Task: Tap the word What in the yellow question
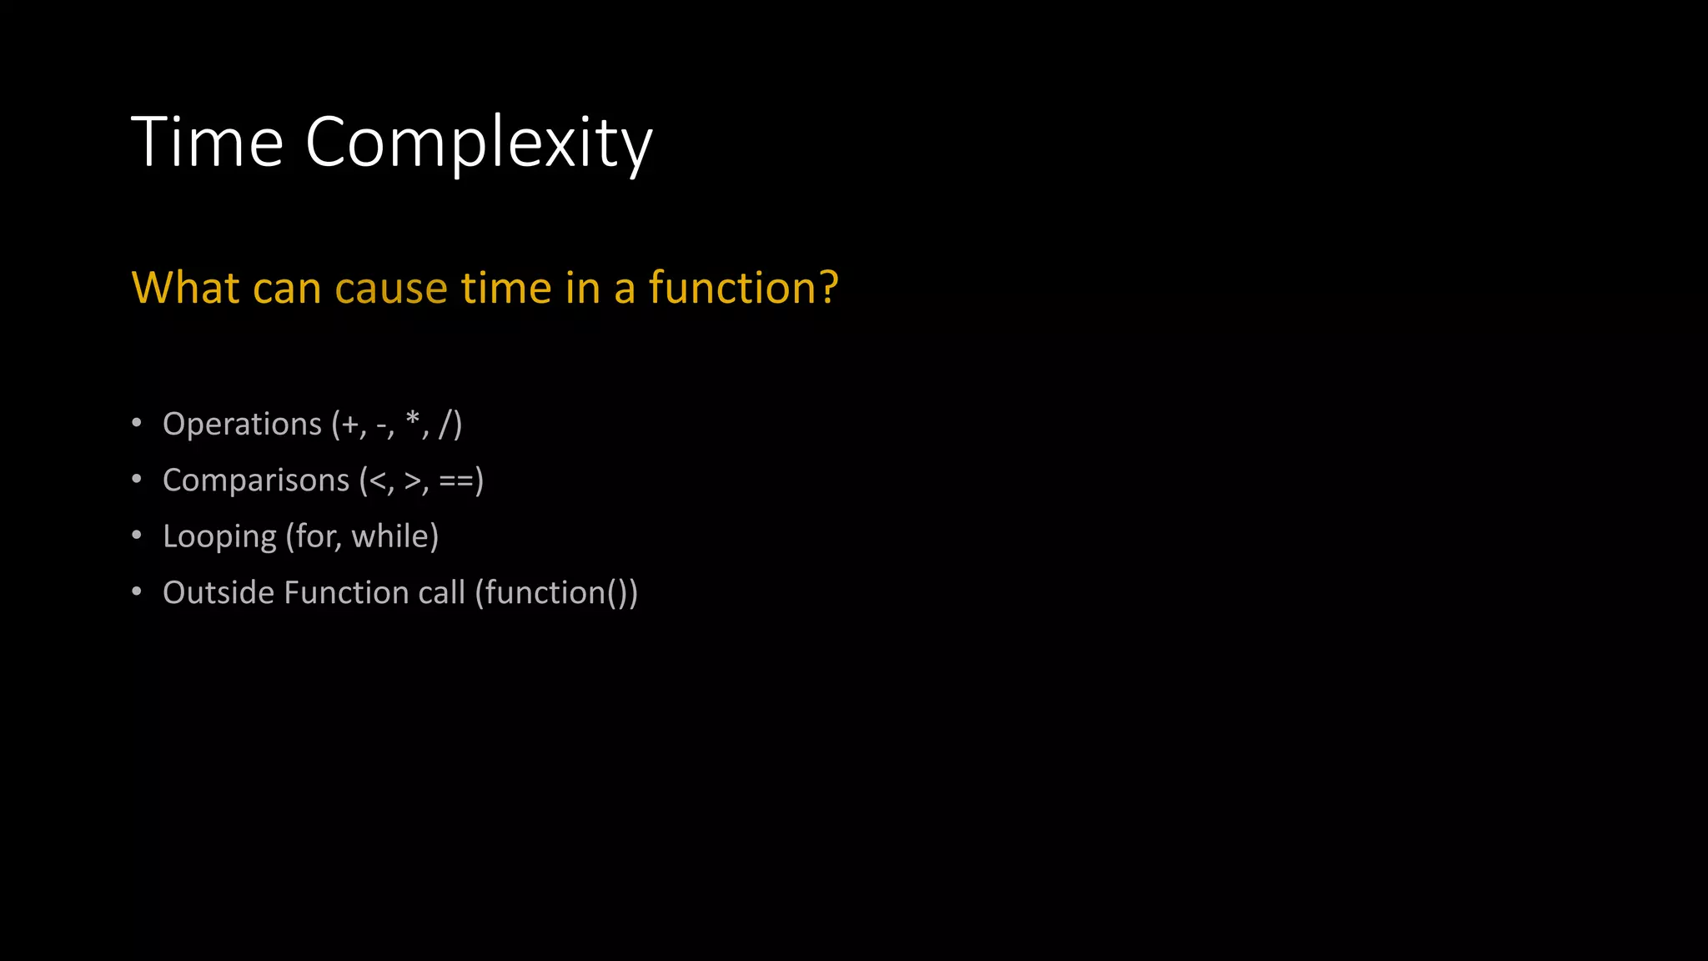coord(186,288)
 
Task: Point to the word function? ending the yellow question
coord(743,288)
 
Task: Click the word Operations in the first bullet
coord(242,425)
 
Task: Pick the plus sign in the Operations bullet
coord(349,425)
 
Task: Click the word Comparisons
coord(256,480)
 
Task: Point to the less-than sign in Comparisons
coord(378,480)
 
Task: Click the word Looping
coord(219,536)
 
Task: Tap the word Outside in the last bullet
coord(219,592)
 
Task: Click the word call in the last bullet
coord(441,592)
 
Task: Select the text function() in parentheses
coord(555,592)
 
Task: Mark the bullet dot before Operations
coord(137,423)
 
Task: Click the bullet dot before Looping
coord(137,535)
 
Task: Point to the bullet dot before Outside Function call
coord(137,591)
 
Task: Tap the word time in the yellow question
coord(507,288)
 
